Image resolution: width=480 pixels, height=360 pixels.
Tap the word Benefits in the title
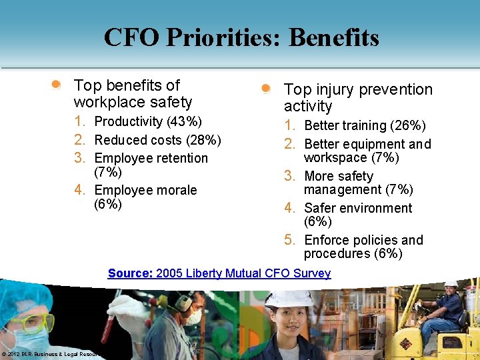[x=333, y=37]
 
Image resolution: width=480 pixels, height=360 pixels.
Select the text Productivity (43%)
[x=148, y=121]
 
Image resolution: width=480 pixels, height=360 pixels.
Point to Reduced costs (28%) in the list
[x=157, y=140]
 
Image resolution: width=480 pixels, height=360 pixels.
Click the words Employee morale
[x=145, y=190]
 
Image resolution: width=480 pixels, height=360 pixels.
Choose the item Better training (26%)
[x=365, y=125]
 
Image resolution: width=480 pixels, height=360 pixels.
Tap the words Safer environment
[x=358, y=208]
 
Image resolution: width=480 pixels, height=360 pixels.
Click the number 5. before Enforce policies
[x=290, y=240]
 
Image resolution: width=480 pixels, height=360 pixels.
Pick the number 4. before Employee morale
[x=80, y=190]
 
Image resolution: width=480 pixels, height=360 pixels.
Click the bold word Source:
[x=130, y=273]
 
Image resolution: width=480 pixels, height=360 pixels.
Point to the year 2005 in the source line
[x=169, y=273]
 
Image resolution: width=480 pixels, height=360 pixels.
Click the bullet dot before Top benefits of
[x=57, y=85]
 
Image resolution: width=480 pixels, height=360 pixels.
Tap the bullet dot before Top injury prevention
[x=266, y=89]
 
